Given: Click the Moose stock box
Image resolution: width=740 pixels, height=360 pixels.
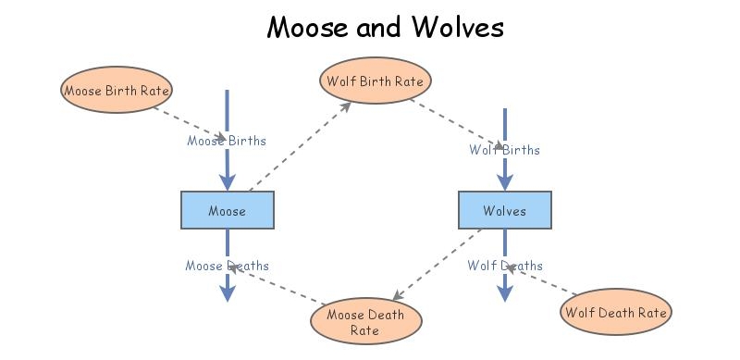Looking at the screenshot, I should point(227,210).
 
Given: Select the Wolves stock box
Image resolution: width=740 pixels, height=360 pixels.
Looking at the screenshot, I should point(504,210).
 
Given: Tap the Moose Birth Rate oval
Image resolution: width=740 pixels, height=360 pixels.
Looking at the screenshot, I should point(117,90).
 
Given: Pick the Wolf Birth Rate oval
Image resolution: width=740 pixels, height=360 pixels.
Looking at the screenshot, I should point(375,81).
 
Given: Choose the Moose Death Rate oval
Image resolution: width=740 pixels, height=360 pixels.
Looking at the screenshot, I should point(364,322).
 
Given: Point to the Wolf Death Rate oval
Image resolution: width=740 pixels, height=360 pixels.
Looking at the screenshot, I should point(615,312).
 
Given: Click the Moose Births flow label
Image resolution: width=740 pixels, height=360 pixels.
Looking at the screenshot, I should point(227,142).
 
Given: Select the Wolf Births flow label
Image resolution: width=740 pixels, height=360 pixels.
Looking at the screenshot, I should point(504,150).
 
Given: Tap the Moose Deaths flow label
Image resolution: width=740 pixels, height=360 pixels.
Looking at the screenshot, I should point(227,267).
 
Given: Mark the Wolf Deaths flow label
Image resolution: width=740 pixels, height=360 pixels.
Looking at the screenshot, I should point(504,267).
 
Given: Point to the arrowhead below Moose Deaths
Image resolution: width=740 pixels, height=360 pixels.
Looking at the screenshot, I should point(227,293).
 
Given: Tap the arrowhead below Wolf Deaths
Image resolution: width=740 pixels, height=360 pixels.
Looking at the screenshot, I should point(504,293).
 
